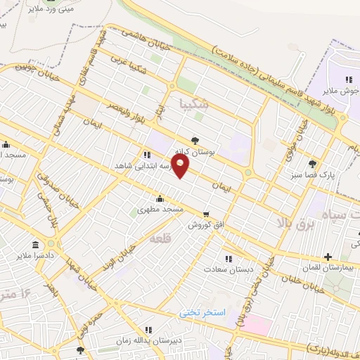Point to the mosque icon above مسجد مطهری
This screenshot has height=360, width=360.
[x=161, y=198]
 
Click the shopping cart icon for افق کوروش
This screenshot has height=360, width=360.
[x=205, y=214]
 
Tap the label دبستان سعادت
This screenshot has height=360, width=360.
[x=227, y=269]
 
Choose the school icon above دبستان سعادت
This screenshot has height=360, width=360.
[x=227, y=257]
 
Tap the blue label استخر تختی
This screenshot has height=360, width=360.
[x=201, y=311]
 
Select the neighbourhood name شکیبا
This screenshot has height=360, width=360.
[x=195, y=105]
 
